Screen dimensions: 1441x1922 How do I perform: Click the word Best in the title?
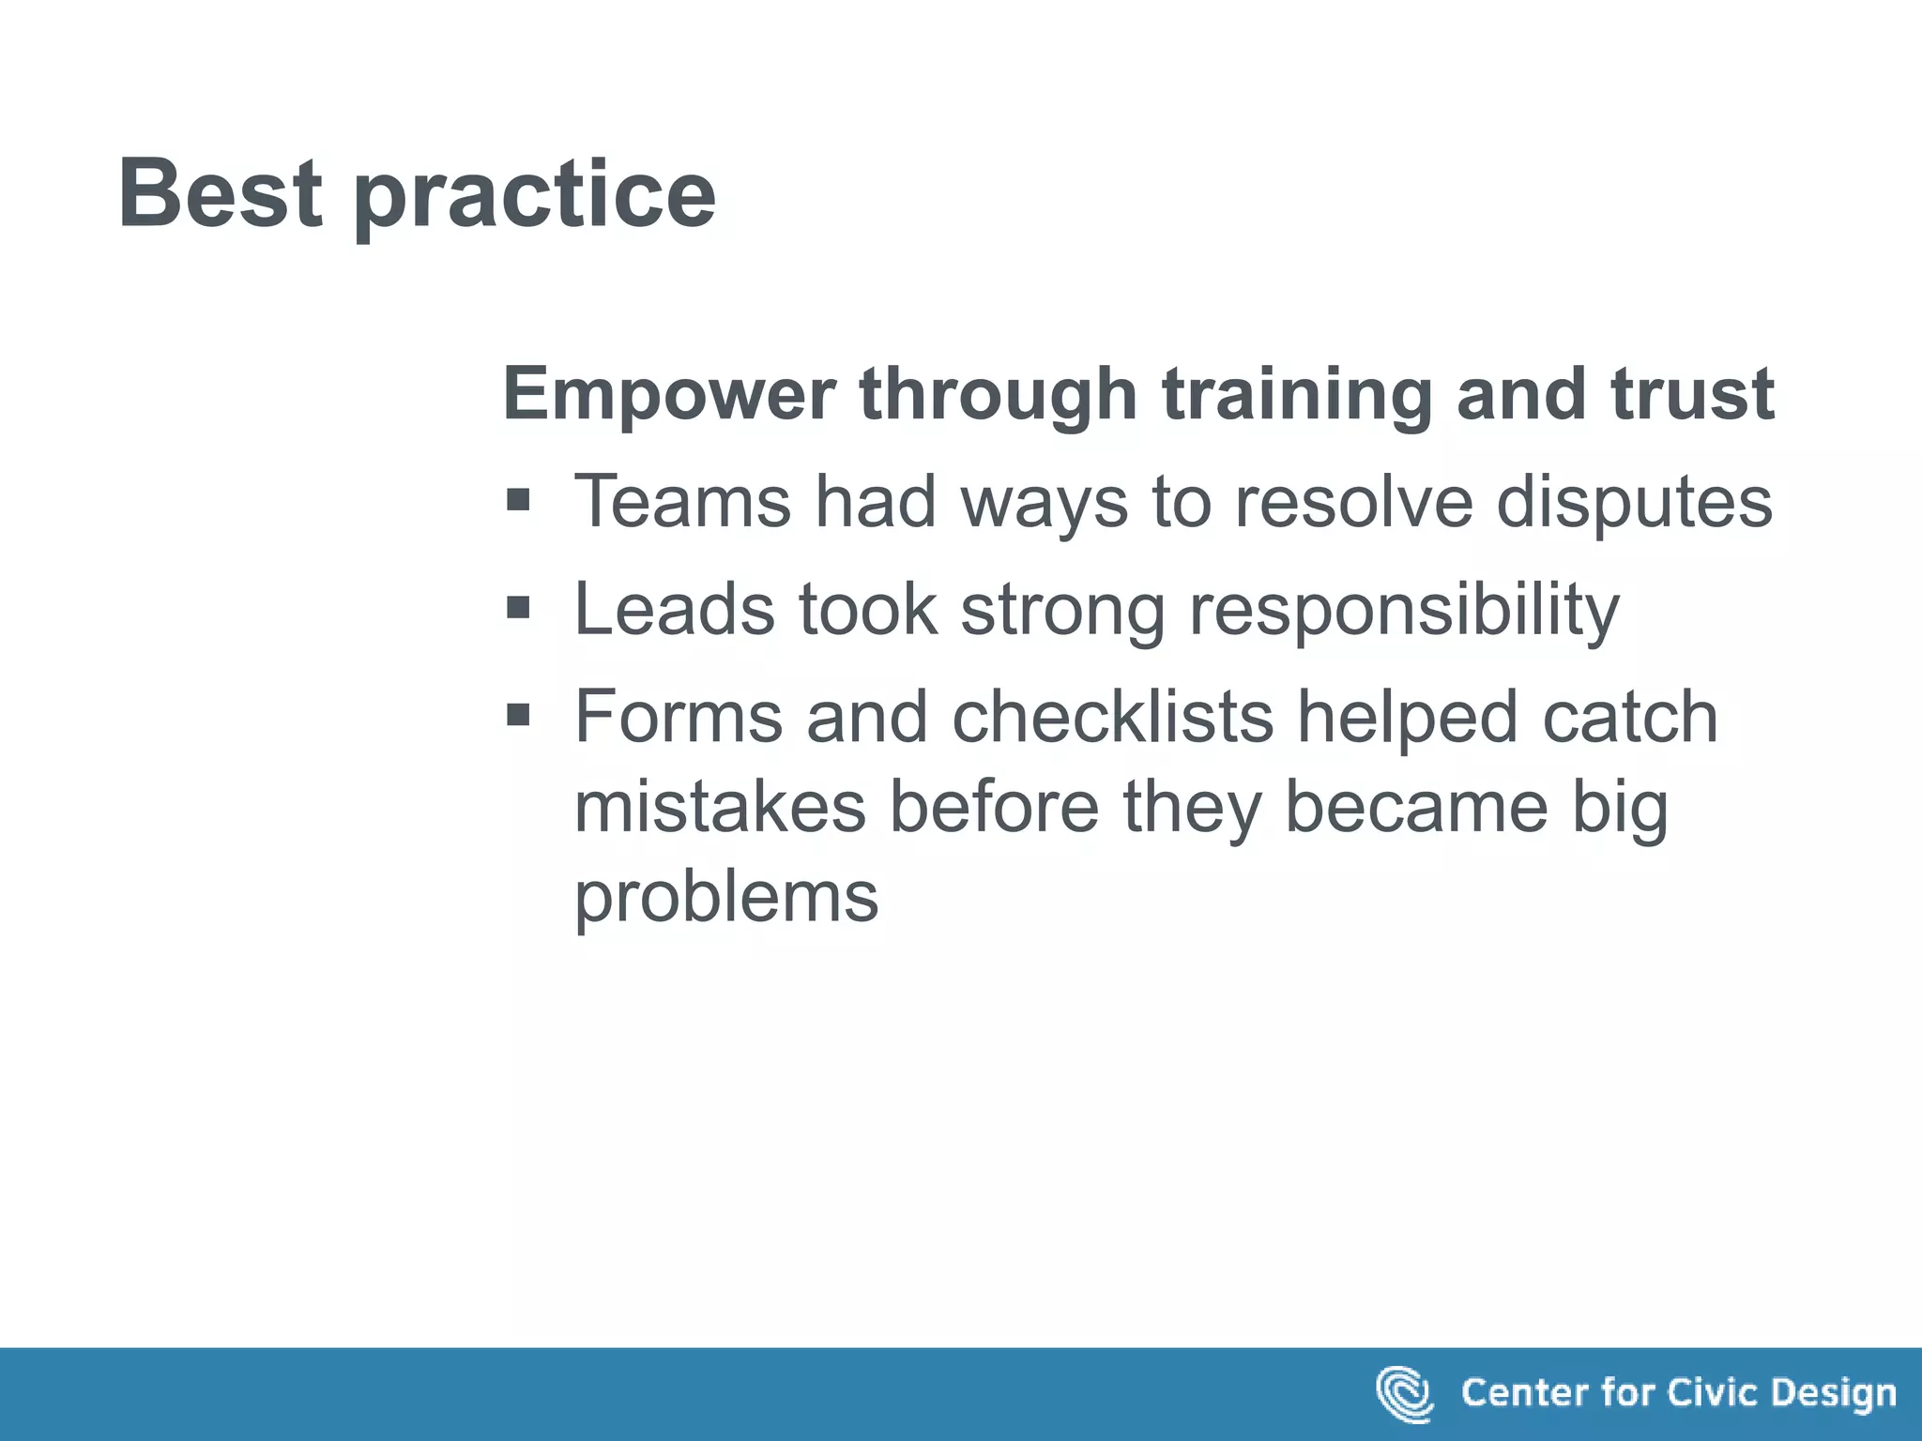[220, 193]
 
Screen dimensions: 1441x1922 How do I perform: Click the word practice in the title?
[534, 197]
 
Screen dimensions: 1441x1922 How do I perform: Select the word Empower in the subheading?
[669, 393]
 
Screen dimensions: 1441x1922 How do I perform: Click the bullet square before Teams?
[518, 500]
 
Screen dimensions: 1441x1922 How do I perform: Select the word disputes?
[1634, 503]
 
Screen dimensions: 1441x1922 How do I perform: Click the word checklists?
[1112, 717]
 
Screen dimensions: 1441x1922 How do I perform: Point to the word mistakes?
[720, 807]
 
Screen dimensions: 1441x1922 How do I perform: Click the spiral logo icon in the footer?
[1404, 1394]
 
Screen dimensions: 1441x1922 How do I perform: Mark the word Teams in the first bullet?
[682, 501]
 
